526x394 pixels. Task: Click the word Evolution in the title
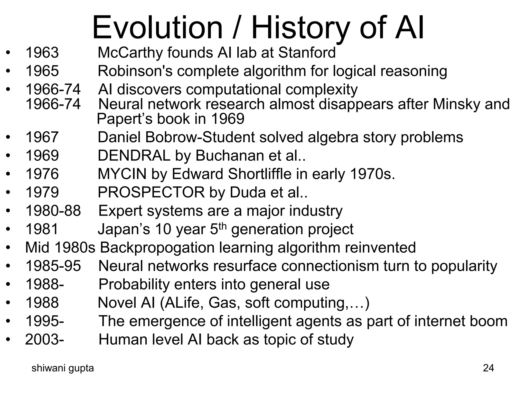[157, 27]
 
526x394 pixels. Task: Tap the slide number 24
[488, 368]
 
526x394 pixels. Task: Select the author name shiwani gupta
[63, 368]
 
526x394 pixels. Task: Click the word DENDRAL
[134, 155]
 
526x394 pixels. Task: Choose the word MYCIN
[122, 174]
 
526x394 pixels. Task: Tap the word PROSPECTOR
[151, 192]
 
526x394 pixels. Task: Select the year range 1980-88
[53, 211]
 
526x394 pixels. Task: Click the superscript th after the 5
[223, 226]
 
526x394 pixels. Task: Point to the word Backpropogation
[157, 248]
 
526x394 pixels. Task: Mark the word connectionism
[330, 266]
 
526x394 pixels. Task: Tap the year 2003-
[45, 339]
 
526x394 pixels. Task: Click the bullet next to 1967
[8, 137]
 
